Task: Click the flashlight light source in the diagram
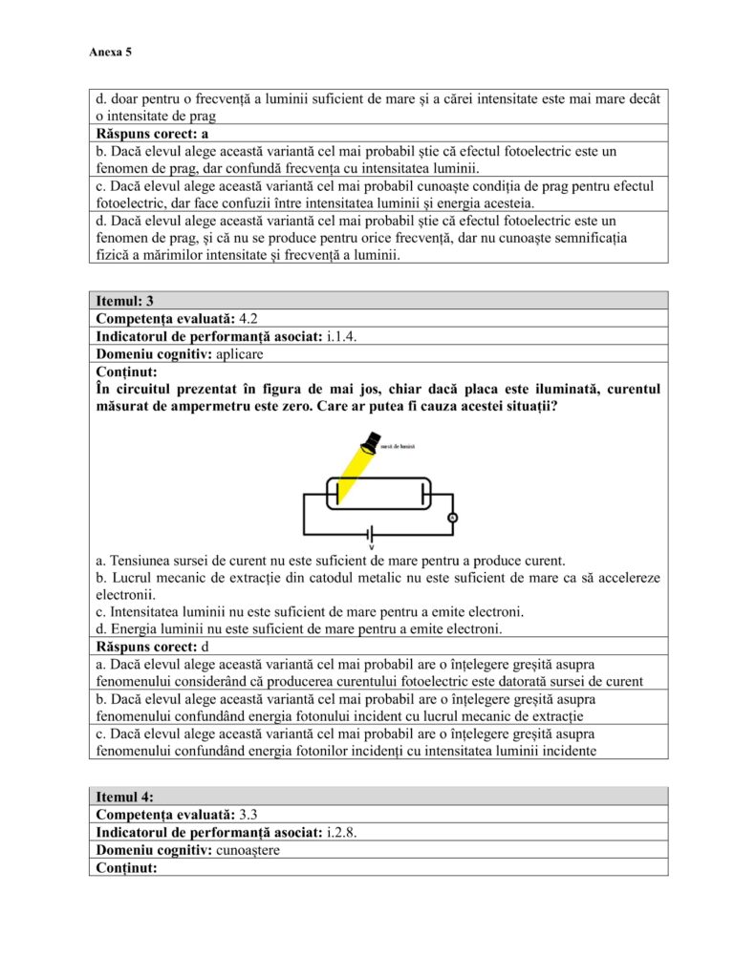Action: click(x=369, y=442)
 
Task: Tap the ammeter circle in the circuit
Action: click(x=453, y=518)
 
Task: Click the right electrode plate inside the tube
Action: click(x=422, y=494)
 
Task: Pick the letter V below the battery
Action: click(x=372, y=547)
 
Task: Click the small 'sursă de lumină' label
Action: click(x=397, y=446)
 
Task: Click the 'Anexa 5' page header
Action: click(x=110, y=53)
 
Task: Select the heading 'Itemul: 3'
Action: click(x=125, y=301)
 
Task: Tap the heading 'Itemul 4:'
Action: click(x=125, y=797)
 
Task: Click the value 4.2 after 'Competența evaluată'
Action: click(x=248, y=319)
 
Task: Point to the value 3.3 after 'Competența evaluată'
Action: click(x=248, y=815)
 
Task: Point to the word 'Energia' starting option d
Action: click(x=135, y=628)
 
